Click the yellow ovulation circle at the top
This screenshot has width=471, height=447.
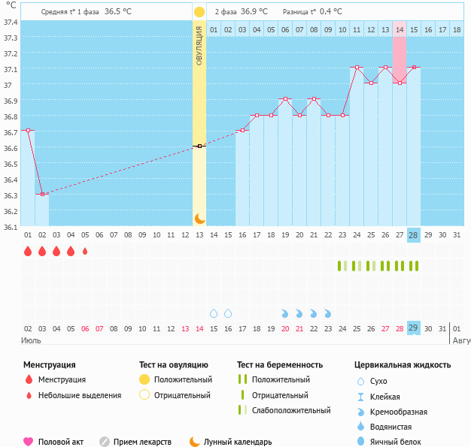[199, 12]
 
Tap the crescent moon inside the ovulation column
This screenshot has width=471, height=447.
[199, 219]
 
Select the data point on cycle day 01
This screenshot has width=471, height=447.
[28, 130]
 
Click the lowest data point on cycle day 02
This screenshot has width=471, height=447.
[42, 194]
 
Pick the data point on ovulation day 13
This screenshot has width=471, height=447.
[199, 146]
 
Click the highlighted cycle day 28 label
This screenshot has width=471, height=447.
[413, 235]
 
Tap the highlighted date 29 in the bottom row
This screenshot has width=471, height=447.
[413, 328]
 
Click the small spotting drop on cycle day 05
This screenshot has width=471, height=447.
[85, 251]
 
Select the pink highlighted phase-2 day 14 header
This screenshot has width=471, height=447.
[399, 29]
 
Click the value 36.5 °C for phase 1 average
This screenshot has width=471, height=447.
[117, 12]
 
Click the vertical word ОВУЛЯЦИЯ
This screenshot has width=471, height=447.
[199, 45]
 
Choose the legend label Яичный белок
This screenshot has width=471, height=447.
[400, 442]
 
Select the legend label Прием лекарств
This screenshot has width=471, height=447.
[142, 442]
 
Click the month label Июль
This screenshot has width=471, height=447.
[30, 341]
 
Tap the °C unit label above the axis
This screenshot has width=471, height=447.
[9, 6]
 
